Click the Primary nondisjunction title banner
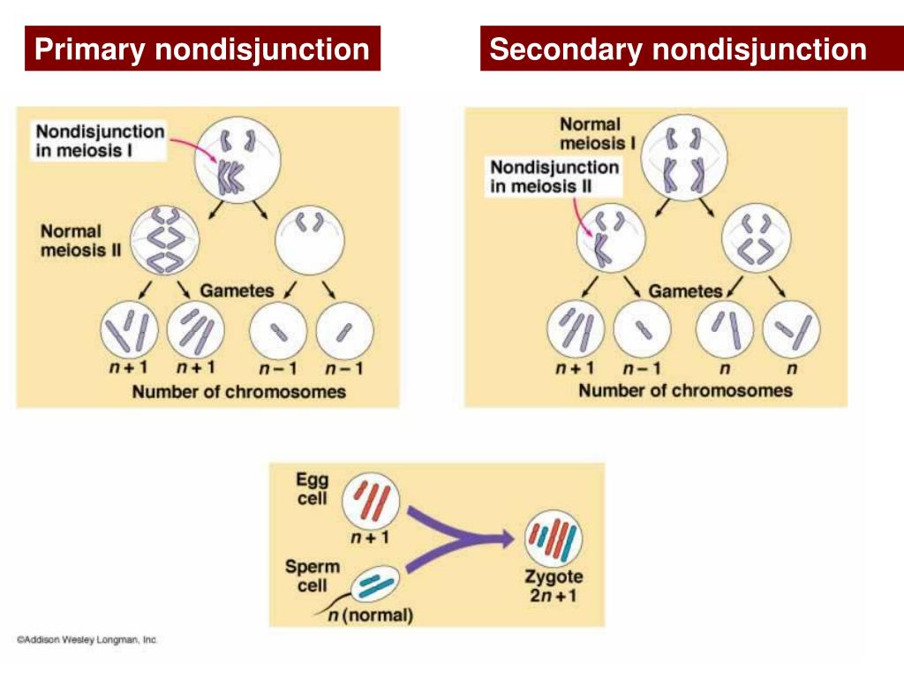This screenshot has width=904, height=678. tap(202, 49)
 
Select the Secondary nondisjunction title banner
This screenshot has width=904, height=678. tap(677, 49)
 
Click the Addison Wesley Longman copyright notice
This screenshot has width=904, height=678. tap(87, 639)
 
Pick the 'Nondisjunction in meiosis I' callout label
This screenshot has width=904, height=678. tap(100, 140)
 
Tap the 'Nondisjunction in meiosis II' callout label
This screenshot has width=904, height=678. tap(554, 177)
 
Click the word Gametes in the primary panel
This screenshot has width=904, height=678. tap(237, 290)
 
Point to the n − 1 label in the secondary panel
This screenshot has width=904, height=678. tap(642, 368)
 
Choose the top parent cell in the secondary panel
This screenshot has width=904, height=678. tap(685, 159)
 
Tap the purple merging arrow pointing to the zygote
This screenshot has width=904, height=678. tap(459, 538)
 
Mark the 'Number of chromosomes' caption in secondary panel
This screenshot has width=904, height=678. tap(685, 390)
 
